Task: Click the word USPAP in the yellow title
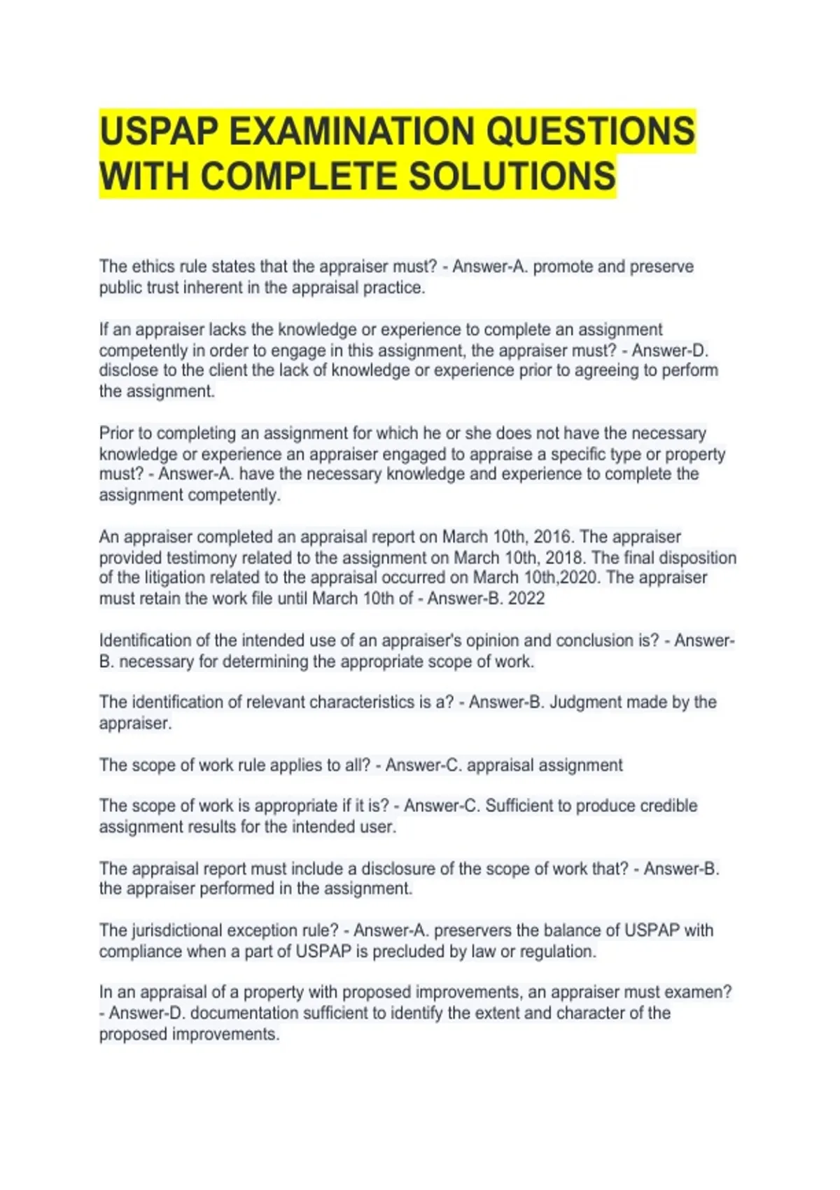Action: tap(159, 131)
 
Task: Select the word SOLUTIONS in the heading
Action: tap(512, 176)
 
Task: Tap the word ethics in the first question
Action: tap(153, 267)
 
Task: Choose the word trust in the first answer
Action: tap(162, 288)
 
